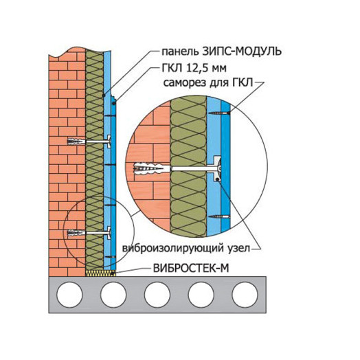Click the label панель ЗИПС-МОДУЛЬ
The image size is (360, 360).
click(x=221, y=52)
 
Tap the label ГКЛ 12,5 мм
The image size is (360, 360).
click(x=194, y=68)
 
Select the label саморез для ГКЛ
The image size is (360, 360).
click(x=208, y=83)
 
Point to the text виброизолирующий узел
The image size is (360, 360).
click(x=186, y=248)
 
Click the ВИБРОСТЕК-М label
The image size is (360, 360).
click(x=191, y=268)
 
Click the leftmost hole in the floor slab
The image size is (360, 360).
click(x=69, y=295)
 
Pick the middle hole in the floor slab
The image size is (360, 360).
click(x=157, y=295)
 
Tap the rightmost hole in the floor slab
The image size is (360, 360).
click(x=245, y=295)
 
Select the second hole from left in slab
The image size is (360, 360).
click(x=113, y=295)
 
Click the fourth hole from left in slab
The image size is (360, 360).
click(x=201, y=295)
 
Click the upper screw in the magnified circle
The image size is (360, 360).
click(x=219, y=113)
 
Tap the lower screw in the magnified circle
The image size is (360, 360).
click(x=219, y=216)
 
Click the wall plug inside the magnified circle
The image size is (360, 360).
click(x=149, y=169)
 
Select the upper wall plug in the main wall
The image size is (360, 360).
click(x=76, y=141)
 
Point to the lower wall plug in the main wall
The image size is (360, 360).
click(x=76, y=233)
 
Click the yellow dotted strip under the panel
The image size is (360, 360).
click(x=100, y=273)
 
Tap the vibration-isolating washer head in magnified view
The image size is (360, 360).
click(x=216, y=168)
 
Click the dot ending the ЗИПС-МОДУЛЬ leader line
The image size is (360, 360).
click(x=104, y=95)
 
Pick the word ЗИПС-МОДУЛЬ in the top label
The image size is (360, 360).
click(x=242, y=52)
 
